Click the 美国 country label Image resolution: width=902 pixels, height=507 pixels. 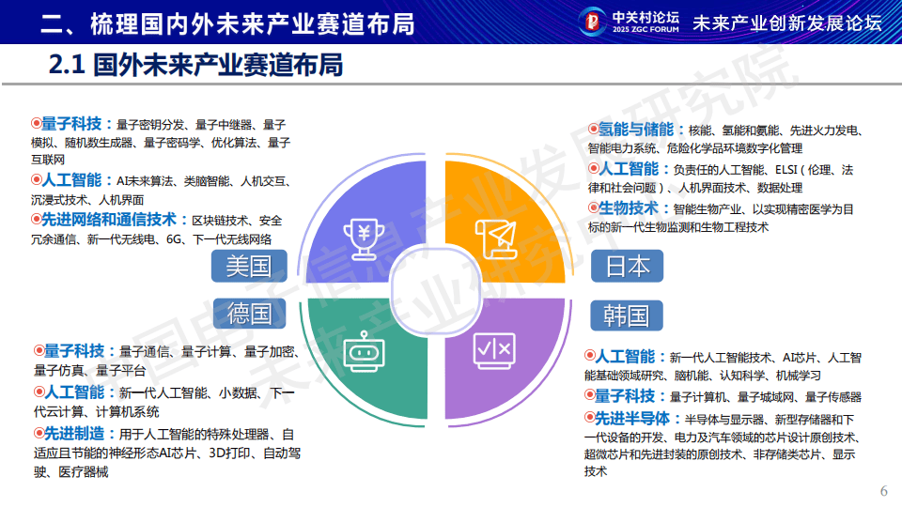pos(248,266)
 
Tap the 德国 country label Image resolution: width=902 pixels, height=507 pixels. pos(248,313)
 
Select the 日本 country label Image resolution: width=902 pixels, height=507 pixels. pos(627,266)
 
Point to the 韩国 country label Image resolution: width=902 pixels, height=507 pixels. pos(627,314)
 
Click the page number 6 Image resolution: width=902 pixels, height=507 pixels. pos(882,492)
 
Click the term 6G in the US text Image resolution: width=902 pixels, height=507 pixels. pos(176,240)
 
